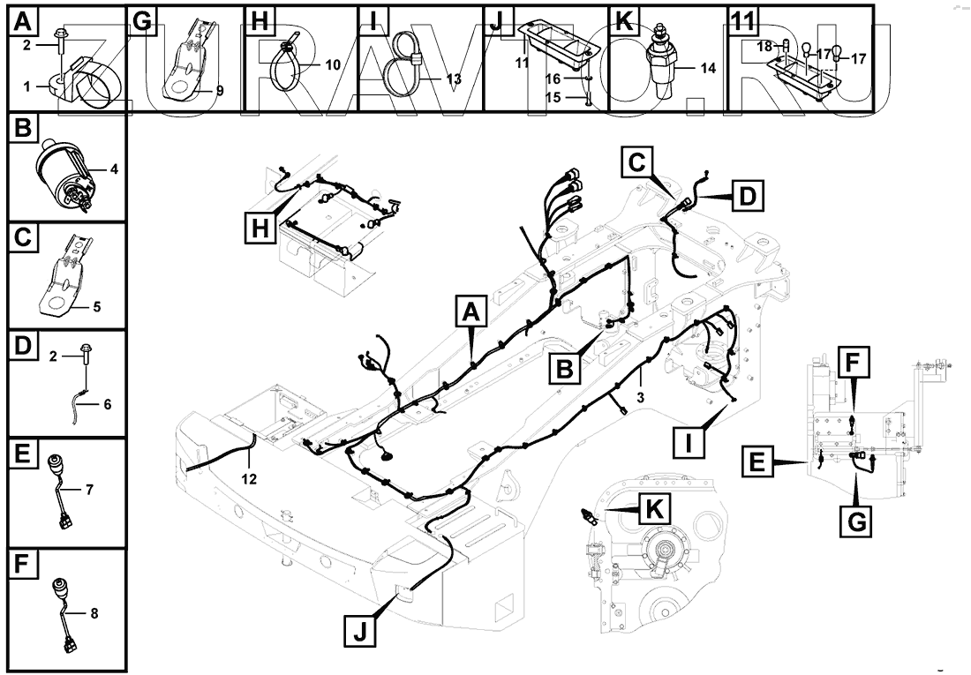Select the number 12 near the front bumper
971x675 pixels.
[250, 479]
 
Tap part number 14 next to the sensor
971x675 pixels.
[707, 66]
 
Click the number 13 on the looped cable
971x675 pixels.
[454, 79]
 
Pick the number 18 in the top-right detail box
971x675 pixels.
[765, 44]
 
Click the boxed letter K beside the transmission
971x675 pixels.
[654, 509]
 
